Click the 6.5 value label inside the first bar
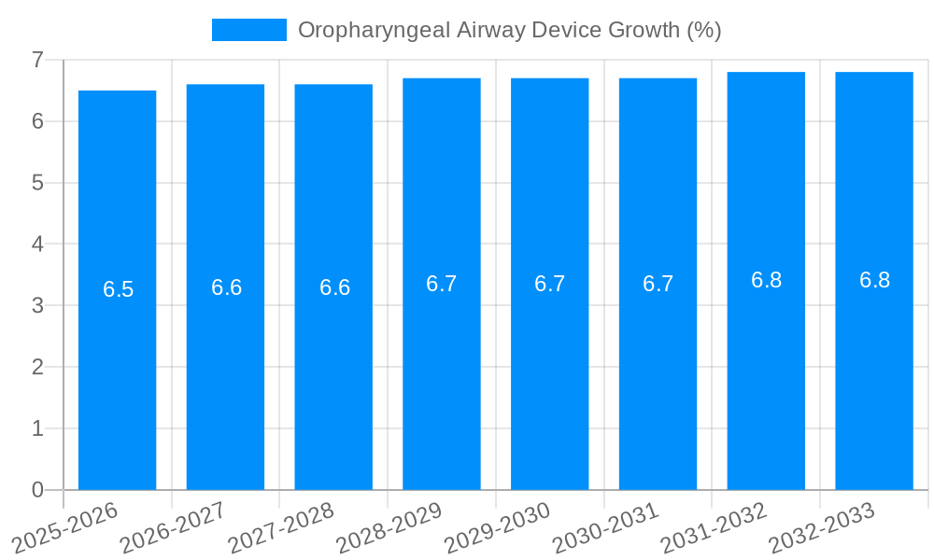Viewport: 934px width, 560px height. tap(119, 289)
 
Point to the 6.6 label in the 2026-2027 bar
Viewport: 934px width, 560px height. tap(226, 287)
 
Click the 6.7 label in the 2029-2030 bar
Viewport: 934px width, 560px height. tap(550, 284)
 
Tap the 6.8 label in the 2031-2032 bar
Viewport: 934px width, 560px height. tap(766, 280)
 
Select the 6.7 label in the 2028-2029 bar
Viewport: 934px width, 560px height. tap(442, 284)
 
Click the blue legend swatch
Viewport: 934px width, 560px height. tap(249, 30)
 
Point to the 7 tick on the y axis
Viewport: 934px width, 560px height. tap(37, 60)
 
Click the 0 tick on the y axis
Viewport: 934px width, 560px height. tap(37, 490)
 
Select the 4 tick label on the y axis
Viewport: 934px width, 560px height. tap(37, 244)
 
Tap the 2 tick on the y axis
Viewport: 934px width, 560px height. tap(37, 367)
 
